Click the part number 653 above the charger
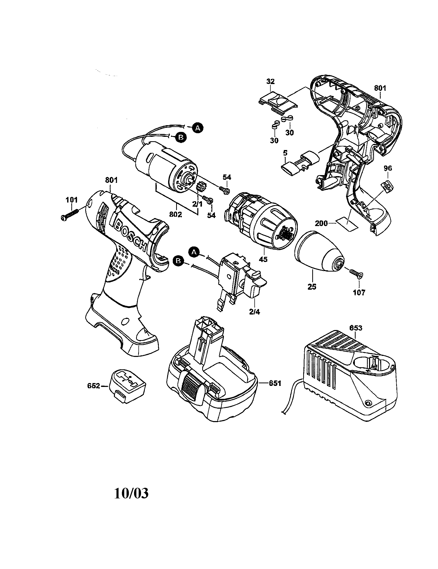point(355,328)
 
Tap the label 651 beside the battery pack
point(275,383)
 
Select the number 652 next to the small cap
point(94,386)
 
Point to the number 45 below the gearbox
point(263,259)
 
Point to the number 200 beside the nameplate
point(322,223)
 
